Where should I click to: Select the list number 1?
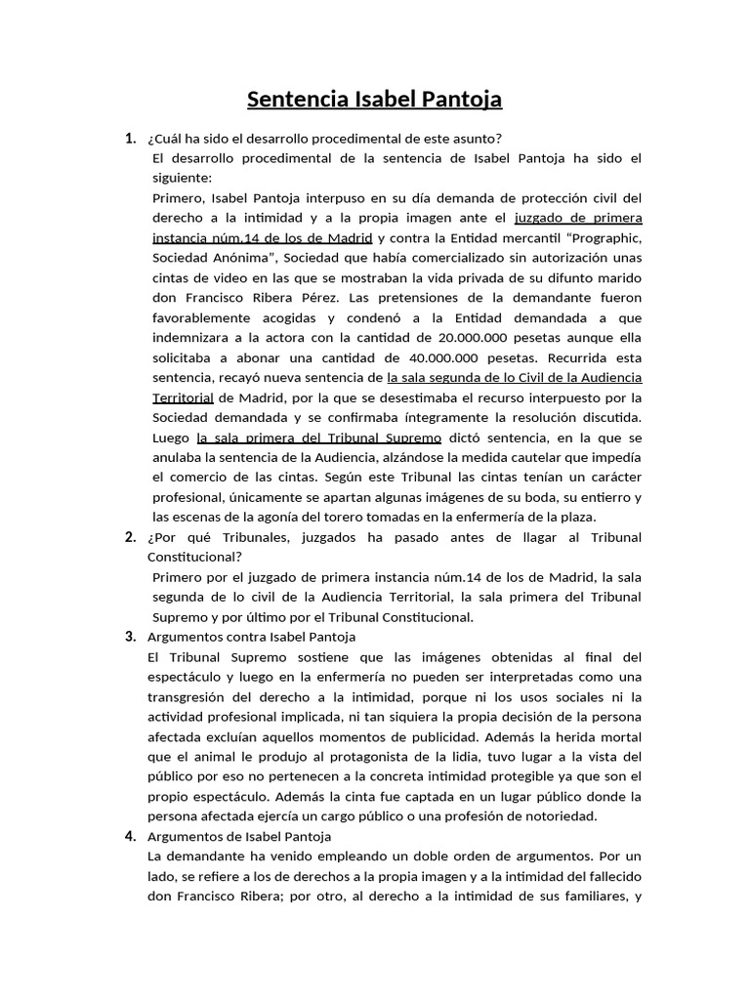tap(130, 138)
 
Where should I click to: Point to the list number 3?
tap(130, 637)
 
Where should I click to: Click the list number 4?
tap(130, 836)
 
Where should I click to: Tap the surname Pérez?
tap(326, 298)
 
